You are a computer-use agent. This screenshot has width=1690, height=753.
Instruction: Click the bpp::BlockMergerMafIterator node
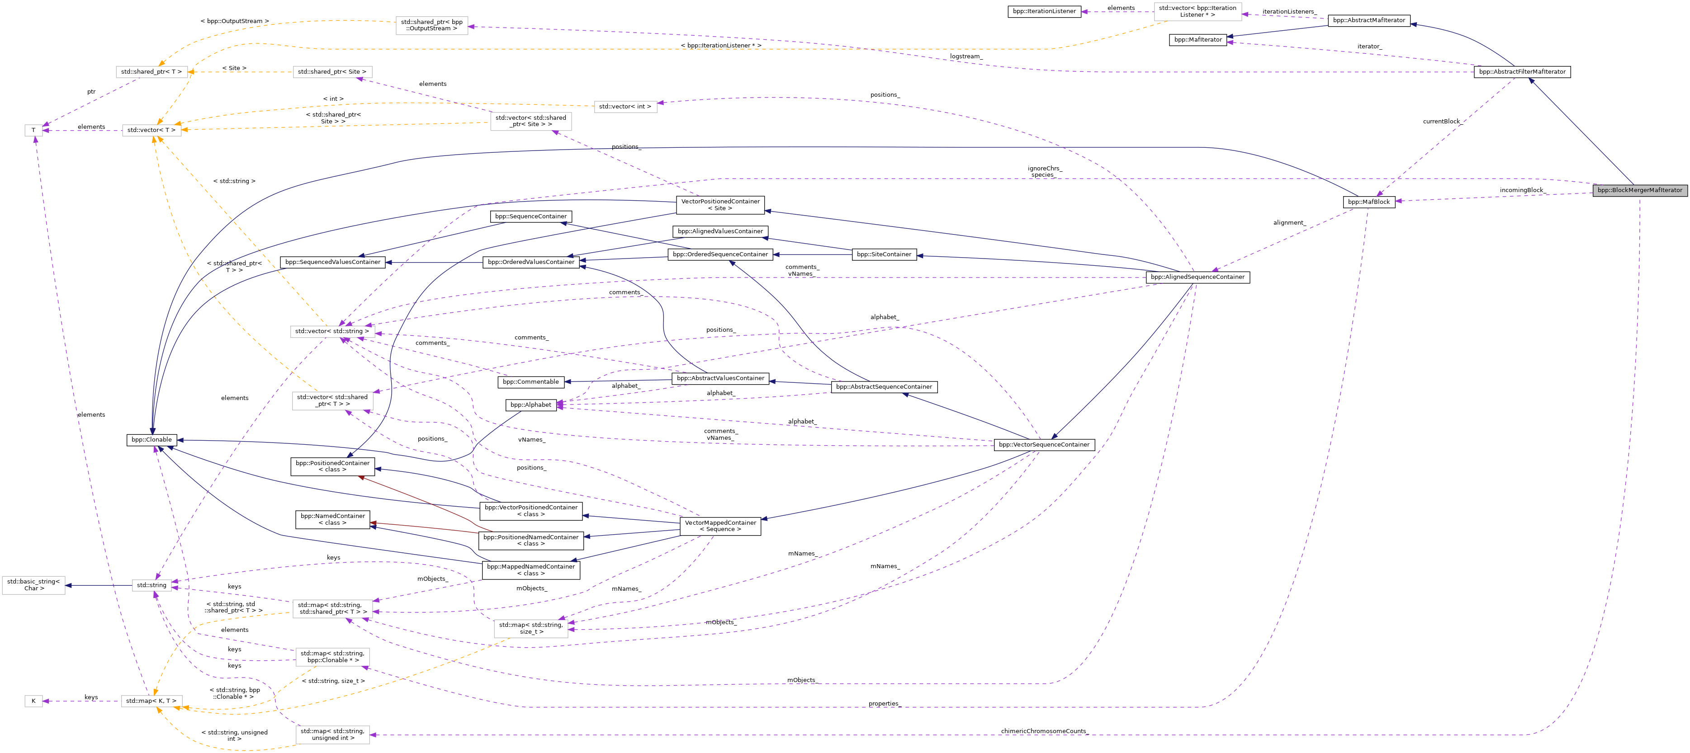[x=1639, y=190]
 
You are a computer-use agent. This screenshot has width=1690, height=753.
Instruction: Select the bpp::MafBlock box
[x=1368, y=202]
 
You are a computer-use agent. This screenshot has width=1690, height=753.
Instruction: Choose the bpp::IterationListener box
[x=1045, y=11]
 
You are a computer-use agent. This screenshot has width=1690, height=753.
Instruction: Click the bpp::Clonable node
[x=151, y=439]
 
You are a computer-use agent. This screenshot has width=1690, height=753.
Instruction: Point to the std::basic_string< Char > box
[x=33, y=585]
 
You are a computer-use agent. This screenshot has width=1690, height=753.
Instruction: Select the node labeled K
[x=33, y=701]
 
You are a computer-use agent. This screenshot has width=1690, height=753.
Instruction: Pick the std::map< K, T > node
[x=151, y=701]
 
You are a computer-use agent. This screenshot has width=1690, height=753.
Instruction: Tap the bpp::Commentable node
[x=530, y=382]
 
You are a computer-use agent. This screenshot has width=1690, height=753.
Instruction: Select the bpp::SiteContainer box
[x=885, y=254]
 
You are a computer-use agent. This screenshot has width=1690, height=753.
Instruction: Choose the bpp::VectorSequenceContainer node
[x=1044, y=445]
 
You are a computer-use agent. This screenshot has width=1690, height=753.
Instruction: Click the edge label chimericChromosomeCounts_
[x=1044, y=731]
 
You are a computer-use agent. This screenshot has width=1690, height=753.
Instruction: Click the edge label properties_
[x=885, y=704]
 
